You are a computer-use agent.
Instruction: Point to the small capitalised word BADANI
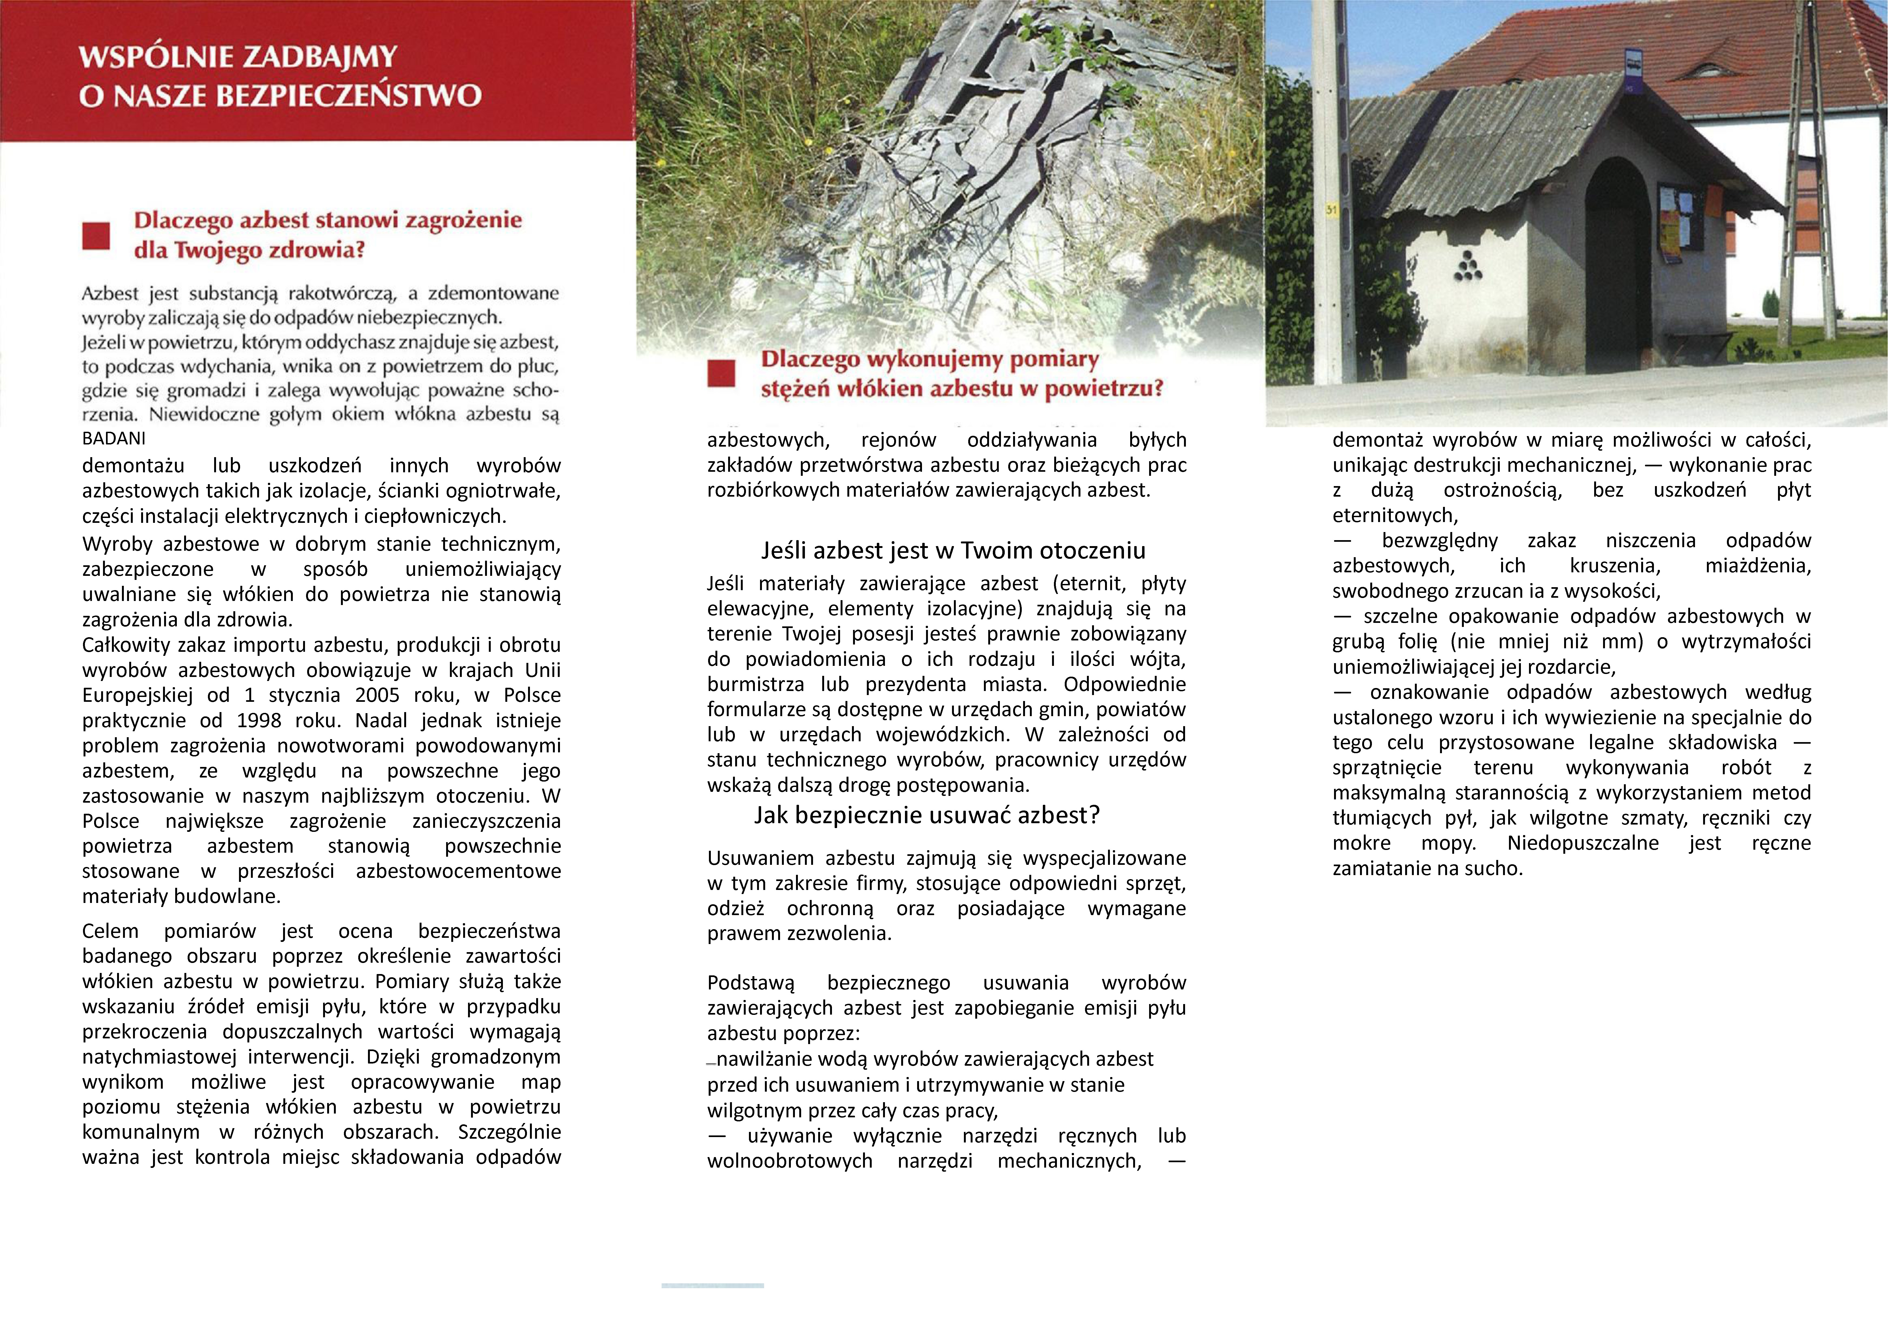tap(114, 439)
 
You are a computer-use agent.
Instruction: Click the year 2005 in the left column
tap(378, 696)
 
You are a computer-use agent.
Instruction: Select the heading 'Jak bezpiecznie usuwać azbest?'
tap(926, 815)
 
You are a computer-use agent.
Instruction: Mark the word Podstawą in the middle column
tap(751, 984)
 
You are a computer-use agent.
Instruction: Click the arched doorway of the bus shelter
tap(1614, 248)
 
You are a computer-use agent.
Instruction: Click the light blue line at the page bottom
tap(713, 1285)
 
